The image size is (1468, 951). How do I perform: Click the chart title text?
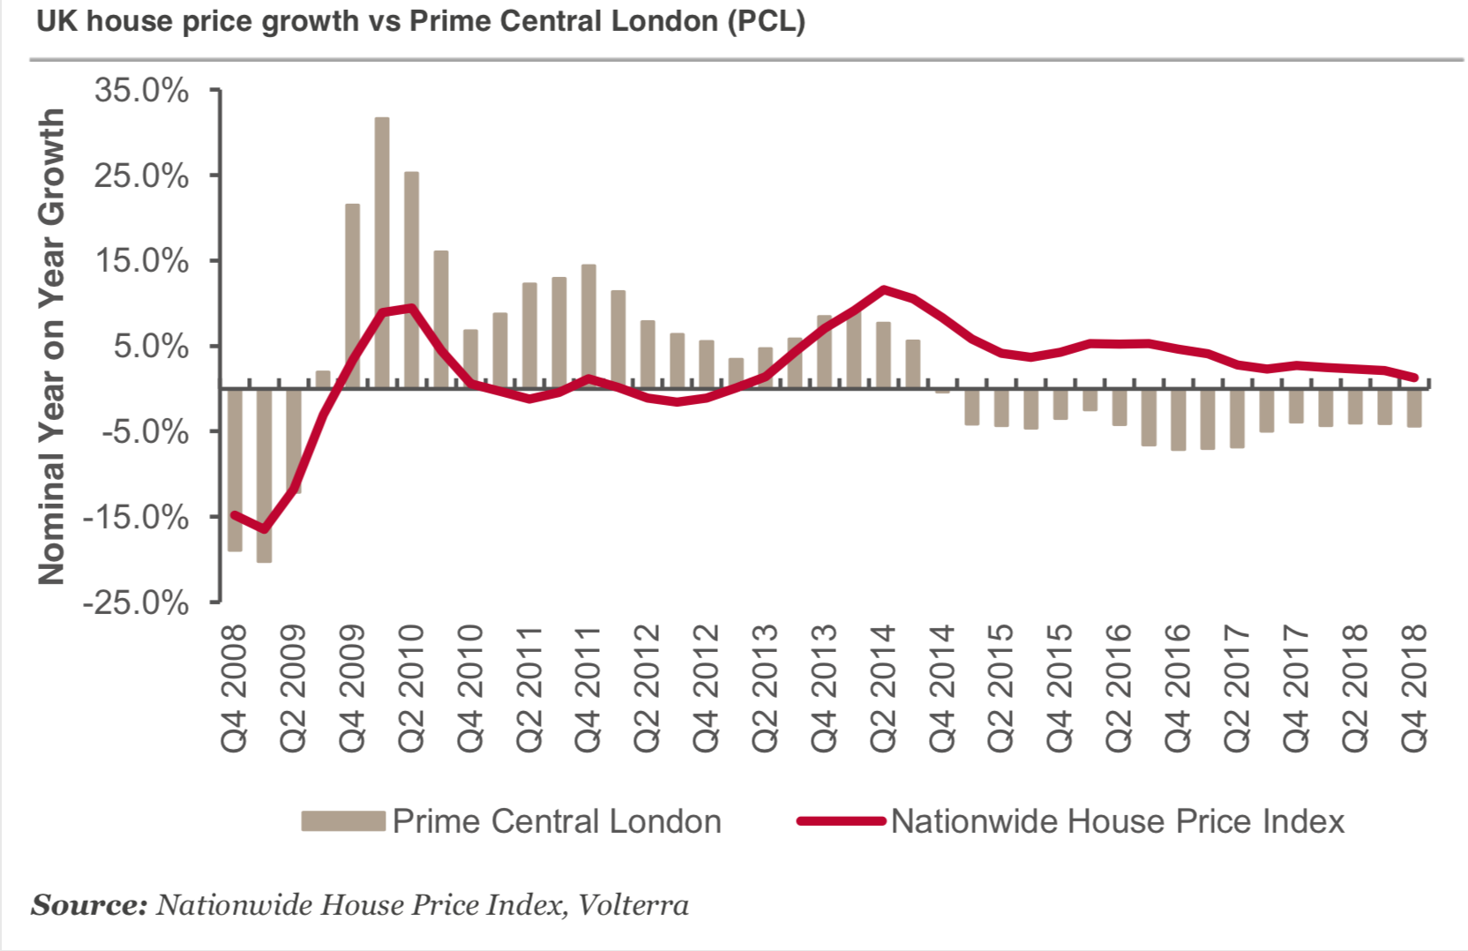[420, 21]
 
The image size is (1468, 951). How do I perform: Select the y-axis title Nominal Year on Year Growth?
[51, 346]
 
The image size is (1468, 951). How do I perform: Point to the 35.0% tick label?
[141, 90]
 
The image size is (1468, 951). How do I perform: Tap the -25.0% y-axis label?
[136, 603]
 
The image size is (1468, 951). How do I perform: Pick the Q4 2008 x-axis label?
[235, 688]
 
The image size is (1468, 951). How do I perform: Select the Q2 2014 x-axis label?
[883, 688]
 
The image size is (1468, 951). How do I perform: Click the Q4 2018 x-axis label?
[1414, 688]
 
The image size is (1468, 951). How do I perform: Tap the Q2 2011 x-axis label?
[529, 688]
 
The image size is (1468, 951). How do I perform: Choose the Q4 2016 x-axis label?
[1178, 688]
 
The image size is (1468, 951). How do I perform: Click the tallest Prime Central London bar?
[382, 251]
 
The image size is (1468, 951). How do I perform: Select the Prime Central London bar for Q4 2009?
[353, 296]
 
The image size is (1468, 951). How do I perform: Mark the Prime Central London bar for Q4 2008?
[235, 469]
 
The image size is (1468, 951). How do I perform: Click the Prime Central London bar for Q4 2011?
[588, 326]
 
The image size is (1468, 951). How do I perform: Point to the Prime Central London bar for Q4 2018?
[1414, 408]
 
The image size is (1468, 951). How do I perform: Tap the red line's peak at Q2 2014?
[883, 289]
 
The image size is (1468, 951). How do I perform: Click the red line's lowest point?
[264, 529]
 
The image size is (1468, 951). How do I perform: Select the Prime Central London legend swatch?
[343, 821]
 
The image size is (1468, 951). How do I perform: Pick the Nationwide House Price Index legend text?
[1117, 821]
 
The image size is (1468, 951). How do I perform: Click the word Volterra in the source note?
[633, 905]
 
